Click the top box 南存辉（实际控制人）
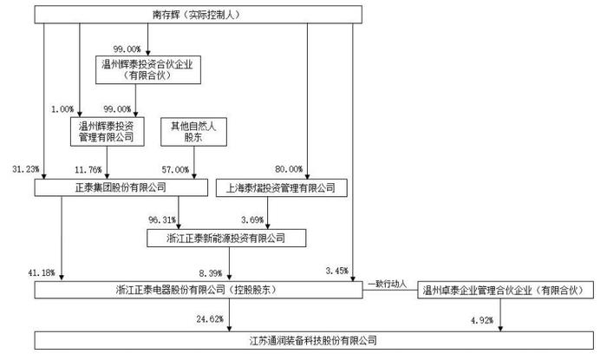[x=199, y=15]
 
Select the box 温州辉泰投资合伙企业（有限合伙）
[x=148, y=69]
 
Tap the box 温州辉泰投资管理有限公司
[x=108, y=132]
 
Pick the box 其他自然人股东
[x=193, y=132]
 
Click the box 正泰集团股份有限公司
[x=121, y=187]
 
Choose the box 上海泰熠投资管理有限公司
[x=282, y=188]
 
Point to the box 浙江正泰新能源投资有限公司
[x=226, y=238]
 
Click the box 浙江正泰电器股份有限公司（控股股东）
[x=199, y=290]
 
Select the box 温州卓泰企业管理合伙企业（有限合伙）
[x=506, y=290]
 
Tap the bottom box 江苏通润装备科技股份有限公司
[x=314, y=341]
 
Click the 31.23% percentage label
[x=25, y=169]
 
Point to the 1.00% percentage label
[x=62, y=109]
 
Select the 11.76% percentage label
[x=88, y=169]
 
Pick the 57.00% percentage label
[x=175, y=169]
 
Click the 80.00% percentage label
[x=289, y=169]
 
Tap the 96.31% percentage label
[x=162, y=219]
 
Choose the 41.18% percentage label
[x=42, y=273]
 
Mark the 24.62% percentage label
[x=210, y=319]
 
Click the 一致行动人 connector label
[x=387, y=285]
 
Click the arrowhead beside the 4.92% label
[x=500, y=329]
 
